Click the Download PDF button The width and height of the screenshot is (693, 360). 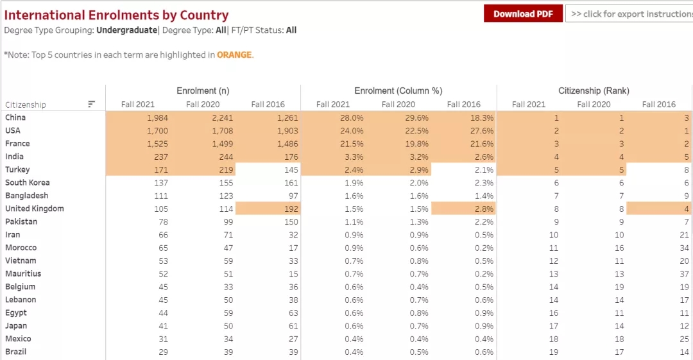[523, 14]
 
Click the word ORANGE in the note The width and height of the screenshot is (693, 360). [234, 55]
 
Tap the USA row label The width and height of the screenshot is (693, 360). [13, 131]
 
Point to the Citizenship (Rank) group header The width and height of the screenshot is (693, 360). [594, 91]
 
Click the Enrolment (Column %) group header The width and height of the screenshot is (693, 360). [398, 91]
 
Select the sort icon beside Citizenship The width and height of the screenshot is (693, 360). [92, 104]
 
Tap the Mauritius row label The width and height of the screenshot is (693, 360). [23, 274]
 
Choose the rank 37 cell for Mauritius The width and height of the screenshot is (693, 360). [684, 274]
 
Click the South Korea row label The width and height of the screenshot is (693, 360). [28, 183]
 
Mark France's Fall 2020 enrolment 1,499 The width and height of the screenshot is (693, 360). [221, 144]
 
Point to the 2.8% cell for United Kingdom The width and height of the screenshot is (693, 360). [483, 209]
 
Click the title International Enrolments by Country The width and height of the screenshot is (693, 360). [116, 15]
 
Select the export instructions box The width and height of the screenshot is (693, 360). [629, 14]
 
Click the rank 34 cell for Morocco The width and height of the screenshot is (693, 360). [684, 248]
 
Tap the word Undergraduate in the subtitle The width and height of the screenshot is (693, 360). [126, 30]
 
